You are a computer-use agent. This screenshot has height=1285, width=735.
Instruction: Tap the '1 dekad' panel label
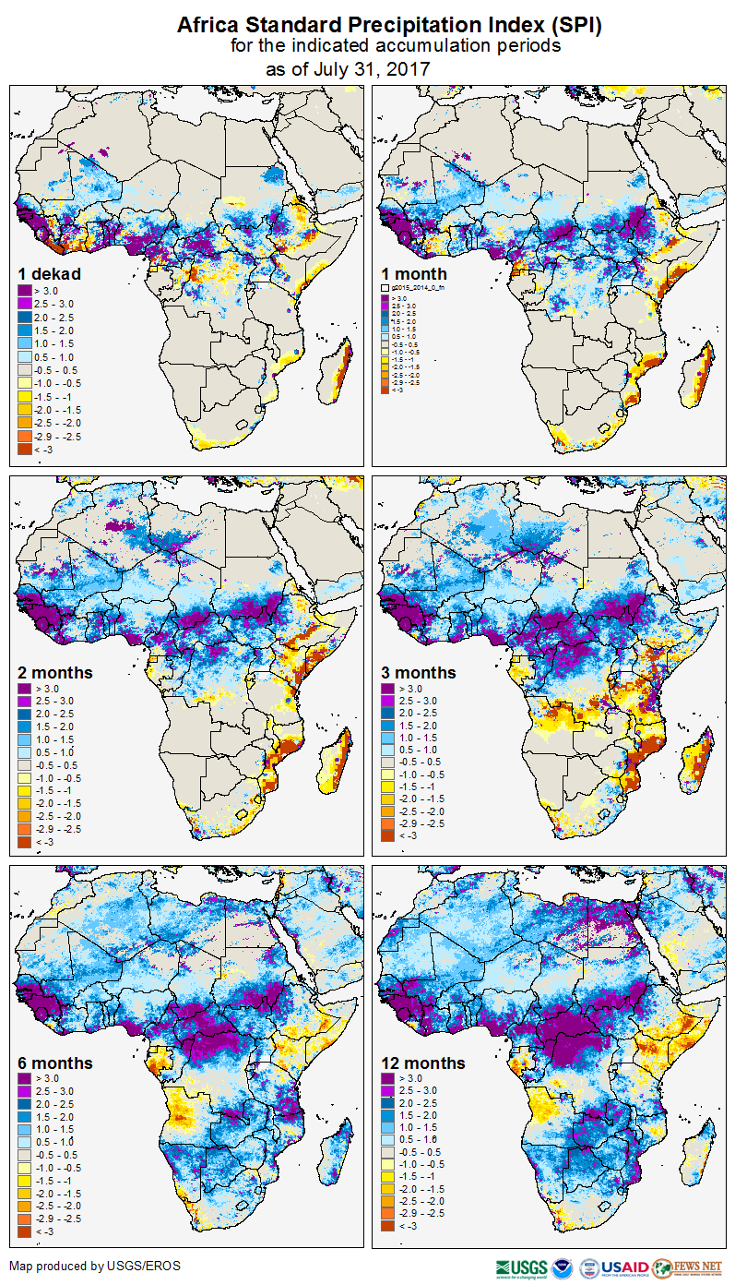pos(50,274)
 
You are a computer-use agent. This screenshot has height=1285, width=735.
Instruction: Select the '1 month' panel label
pos(414,274)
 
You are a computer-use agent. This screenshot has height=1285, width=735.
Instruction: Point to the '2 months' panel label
pos(55,673)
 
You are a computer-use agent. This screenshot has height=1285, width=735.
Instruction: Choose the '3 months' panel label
pos(419,673)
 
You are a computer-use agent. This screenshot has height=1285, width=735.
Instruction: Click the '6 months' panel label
pos(55,1063)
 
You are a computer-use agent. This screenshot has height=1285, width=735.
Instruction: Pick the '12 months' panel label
pos(423,1063)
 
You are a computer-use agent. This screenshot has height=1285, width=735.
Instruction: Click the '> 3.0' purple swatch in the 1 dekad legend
pos(25,291)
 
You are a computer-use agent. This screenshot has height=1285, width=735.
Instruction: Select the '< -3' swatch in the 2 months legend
pos(25,843)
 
